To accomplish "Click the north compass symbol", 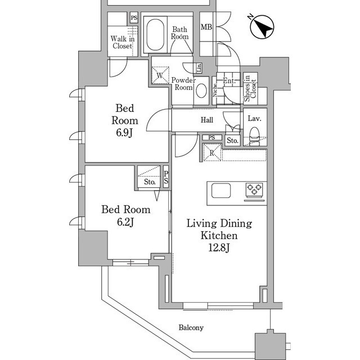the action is (x=262, y=27).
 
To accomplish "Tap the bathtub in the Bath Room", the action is (x=155, y=35).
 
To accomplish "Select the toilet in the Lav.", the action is (x=254, y=136).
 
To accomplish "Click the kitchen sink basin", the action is (x=221, y=191).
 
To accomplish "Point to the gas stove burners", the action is (x=254, y=190).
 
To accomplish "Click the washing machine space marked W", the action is (x=160, y=75).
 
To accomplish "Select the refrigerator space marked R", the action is (x=212, y=152).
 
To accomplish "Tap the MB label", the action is (x=206, y=27).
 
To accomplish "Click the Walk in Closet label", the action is (x=123, y=42).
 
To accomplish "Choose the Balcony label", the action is (x=191, y=327).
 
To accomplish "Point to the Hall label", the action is (x=207, y=120).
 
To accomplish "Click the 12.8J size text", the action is (x=219, y=248).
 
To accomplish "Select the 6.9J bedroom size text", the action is (x=124, y=133).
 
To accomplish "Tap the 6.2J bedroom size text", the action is (x=125, y=222).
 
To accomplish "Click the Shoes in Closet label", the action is (x=250, y=89).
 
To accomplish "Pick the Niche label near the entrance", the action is (x=215, y=90).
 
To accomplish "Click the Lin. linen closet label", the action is (x=199, y=67).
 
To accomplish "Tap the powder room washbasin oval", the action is (x=201, y=91).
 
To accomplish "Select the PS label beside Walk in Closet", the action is (x=134, y=18).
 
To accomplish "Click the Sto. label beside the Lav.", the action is (x=232, y=141).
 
